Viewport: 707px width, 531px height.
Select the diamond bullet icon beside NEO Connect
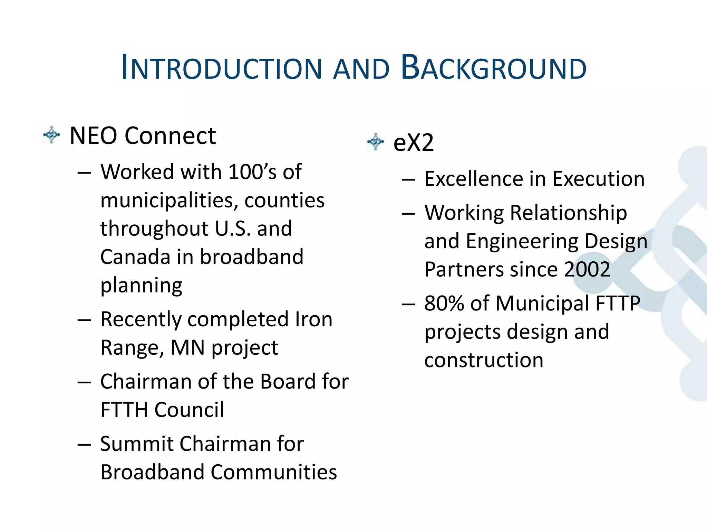[52, 135]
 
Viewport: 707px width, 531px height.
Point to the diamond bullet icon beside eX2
[375, 142]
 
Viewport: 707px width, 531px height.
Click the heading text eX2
[413, 142]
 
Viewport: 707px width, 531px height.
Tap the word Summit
[137, 444]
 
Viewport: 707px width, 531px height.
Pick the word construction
[484, 360]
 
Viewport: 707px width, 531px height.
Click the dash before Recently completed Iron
[84, 320]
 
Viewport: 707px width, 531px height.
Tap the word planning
[141, 286]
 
